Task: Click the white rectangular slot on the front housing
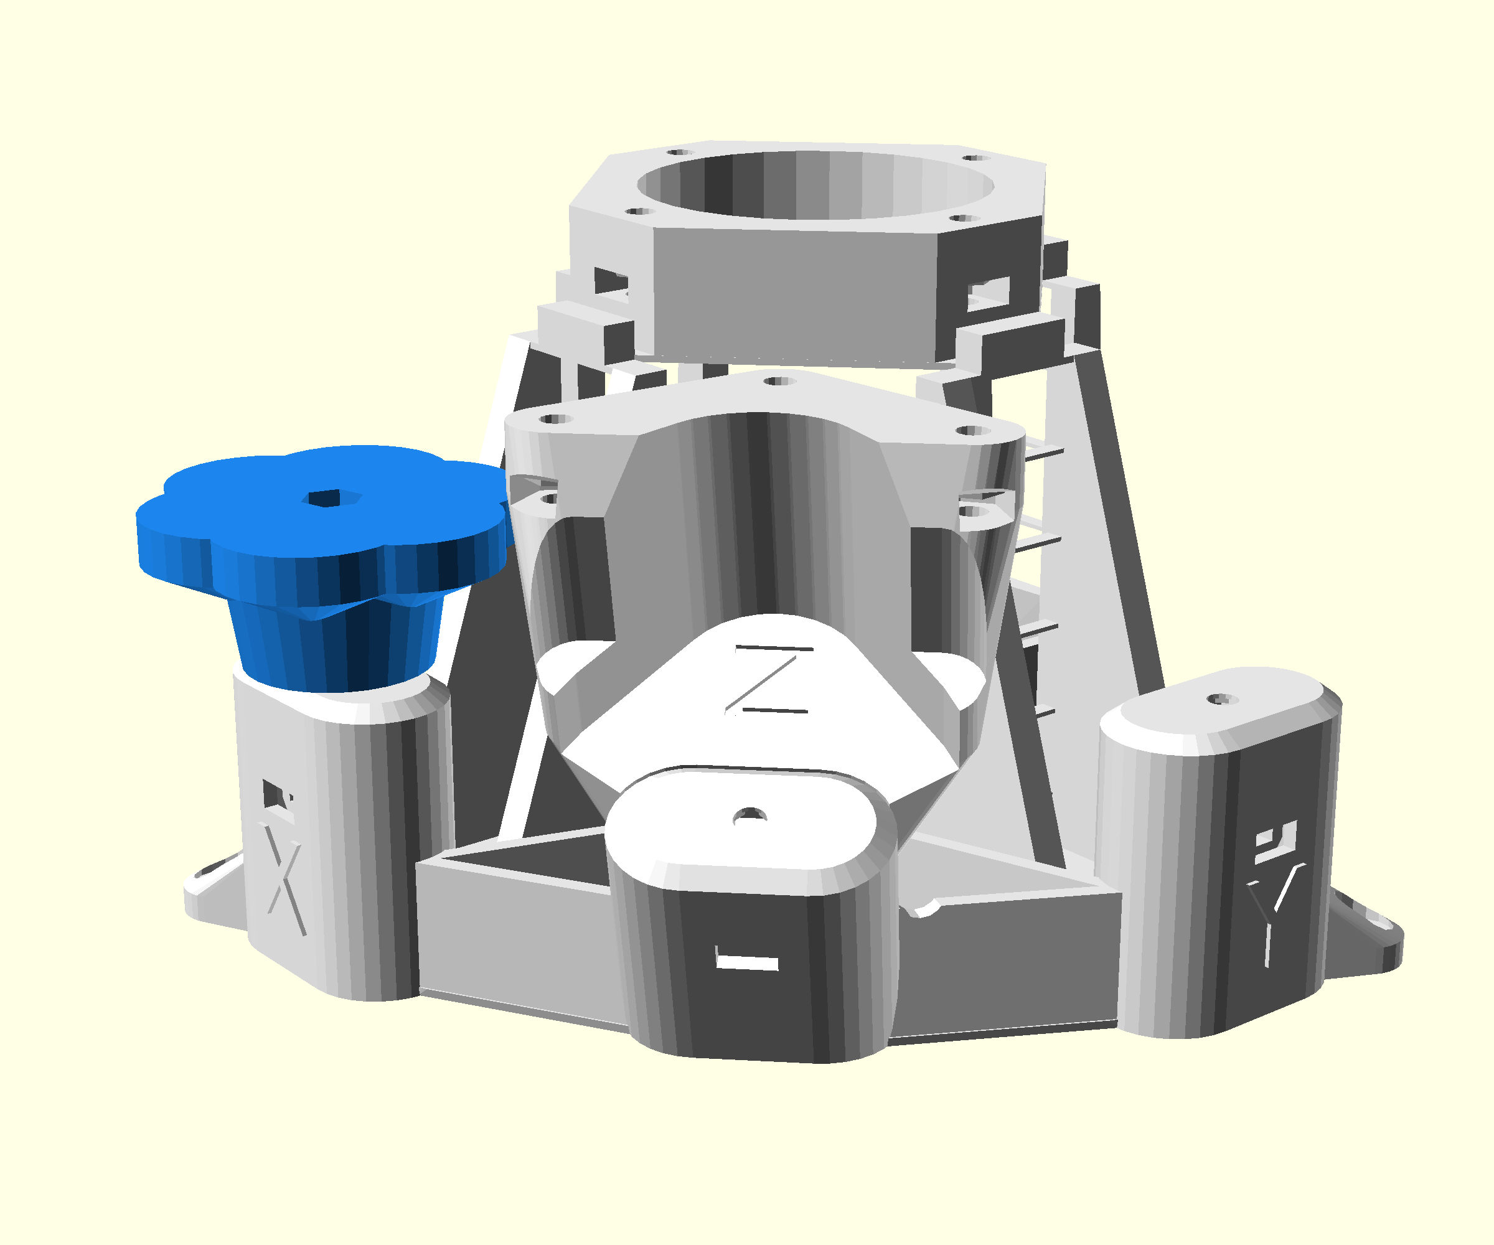(746, 962)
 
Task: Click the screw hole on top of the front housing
(749, 816)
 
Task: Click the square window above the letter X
(275, 794)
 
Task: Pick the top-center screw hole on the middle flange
(778, 382)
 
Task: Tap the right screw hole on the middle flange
(972, 430)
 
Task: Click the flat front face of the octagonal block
(793, 292)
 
